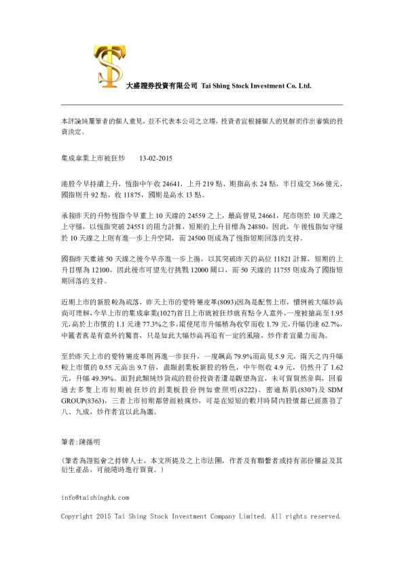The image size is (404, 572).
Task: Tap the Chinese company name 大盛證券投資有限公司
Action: click(162, 86)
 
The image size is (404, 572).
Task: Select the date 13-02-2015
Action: click(155, 158)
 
